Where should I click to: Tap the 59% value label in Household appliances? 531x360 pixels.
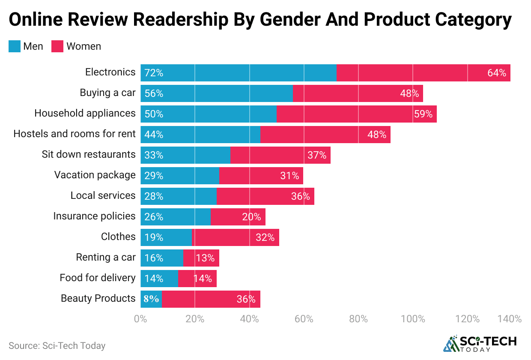pos(423,114)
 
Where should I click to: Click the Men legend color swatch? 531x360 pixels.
pos(14,46)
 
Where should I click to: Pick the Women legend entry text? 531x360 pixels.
pos(84,46)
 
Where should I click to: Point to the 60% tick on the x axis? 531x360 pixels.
pos(304,319)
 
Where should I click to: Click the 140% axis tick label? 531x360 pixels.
pos(509,319)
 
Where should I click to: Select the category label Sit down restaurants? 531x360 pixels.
pos(89,154)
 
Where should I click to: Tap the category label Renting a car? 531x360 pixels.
pos(106,257)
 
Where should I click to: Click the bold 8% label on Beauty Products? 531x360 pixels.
pos(151,299)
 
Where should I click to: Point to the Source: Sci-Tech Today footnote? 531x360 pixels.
pos(57,345)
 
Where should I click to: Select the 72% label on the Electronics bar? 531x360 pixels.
pos(154,73)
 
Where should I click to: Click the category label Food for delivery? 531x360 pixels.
pos(98,278)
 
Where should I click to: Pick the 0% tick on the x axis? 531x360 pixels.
pos(140,319)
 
